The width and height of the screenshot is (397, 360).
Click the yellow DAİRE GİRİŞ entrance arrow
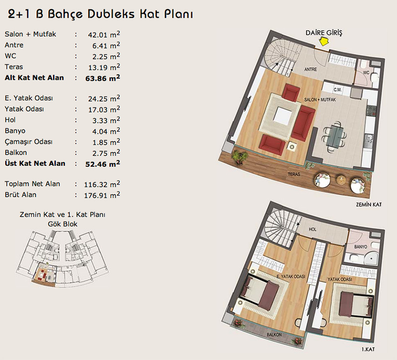[324, 42]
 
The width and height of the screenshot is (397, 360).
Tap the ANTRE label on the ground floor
[311, 69]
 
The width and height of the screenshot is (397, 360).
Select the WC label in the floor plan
[366, 72]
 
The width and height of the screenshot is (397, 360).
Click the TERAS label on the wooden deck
[294, 174]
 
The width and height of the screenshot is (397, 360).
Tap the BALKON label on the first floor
[274, 334]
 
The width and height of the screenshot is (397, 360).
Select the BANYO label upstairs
[361, 246]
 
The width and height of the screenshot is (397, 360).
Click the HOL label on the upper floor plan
[313, 229]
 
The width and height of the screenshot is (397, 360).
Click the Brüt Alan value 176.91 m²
[102, 195]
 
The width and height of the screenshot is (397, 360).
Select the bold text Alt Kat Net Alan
[34, 78]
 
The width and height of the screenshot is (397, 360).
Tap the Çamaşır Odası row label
[28, 142]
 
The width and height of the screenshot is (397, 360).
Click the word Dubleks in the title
[111, 14]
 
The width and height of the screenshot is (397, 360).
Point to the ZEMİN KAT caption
[369, 204]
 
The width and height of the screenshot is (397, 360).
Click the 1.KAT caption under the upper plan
[368, 350]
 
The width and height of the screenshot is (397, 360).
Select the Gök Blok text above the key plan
[63, 224]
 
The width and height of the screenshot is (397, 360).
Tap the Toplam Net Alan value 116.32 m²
[102, 184]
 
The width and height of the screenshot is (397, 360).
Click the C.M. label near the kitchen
[337, 90]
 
